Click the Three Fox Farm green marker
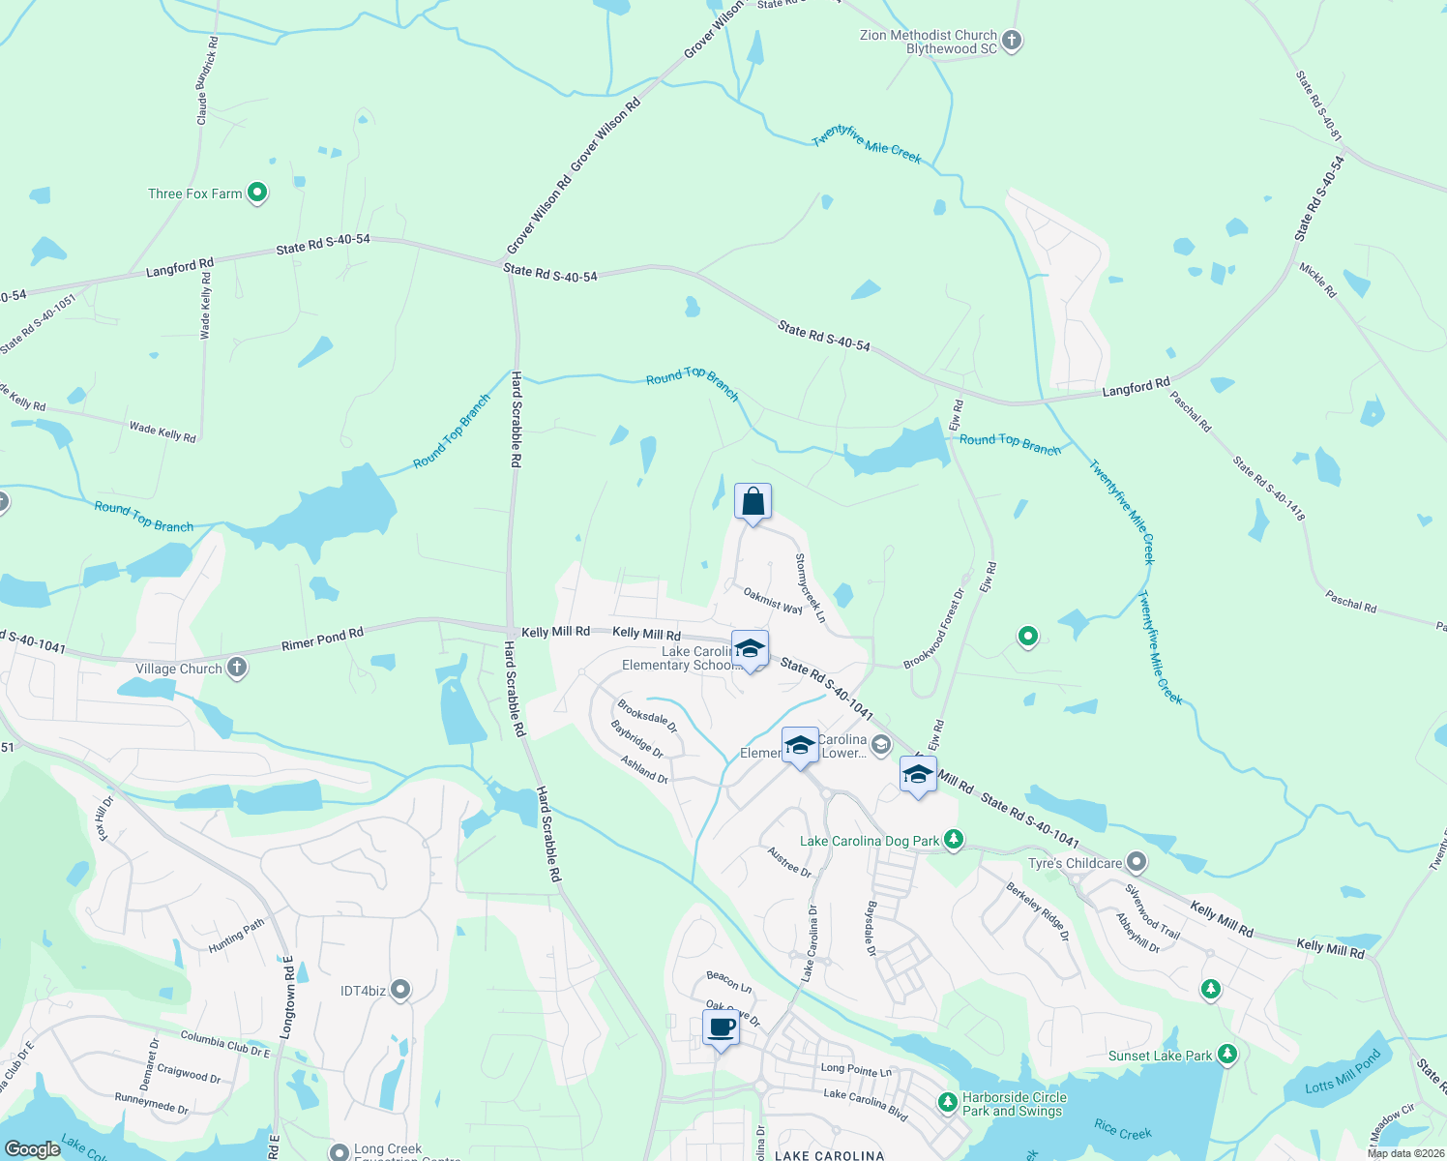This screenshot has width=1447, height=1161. (257, 193)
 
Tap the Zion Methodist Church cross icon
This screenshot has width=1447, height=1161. (1012, 41)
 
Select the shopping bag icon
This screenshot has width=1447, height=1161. (753, 502)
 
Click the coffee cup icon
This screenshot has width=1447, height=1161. (721, 1027)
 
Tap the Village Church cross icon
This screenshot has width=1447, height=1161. (237, 668)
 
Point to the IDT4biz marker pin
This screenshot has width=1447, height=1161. (400, 990)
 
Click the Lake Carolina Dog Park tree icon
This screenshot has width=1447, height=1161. (954, 840)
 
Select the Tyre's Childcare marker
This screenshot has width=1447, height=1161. (1137, 862)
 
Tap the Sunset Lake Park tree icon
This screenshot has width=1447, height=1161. (1227, 1055)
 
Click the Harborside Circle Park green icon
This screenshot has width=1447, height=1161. (948, 1101)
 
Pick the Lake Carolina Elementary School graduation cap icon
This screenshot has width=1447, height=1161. (750, 649)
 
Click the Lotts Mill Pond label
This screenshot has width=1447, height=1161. (1343, 1074)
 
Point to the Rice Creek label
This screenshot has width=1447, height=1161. (1122, 1130)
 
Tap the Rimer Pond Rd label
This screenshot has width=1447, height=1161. (322, 640)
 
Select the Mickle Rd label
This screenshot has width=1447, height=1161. (1317, 280)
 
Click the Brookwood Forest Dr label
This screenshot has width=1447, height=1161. (934, 629)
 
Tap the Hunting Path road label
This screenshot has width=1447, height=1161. (236, 937)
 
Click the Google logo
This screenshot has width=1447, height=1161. (32, 1148)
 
